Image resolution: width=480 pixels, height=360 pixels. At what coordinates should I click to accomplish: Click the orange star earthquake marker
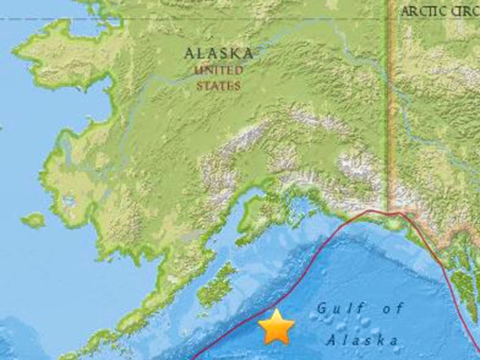coord(276,327)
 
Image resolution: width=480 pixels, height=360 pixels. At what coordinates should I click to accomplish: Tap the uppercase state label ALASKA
coord(219,54)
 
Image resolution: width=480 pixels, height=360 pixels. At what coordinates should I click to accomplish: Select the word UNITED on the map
coord(219,70)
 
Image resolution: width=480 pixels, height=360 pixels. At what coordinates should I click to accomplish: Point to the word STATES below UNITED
coord(219,86)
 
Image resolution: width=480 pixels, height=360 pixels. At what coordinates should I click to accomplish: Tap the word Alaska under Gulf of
coord(362,340)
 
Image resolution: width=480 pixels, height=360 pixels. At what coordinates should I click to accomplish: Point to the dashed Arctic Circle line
coord(145,19)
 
